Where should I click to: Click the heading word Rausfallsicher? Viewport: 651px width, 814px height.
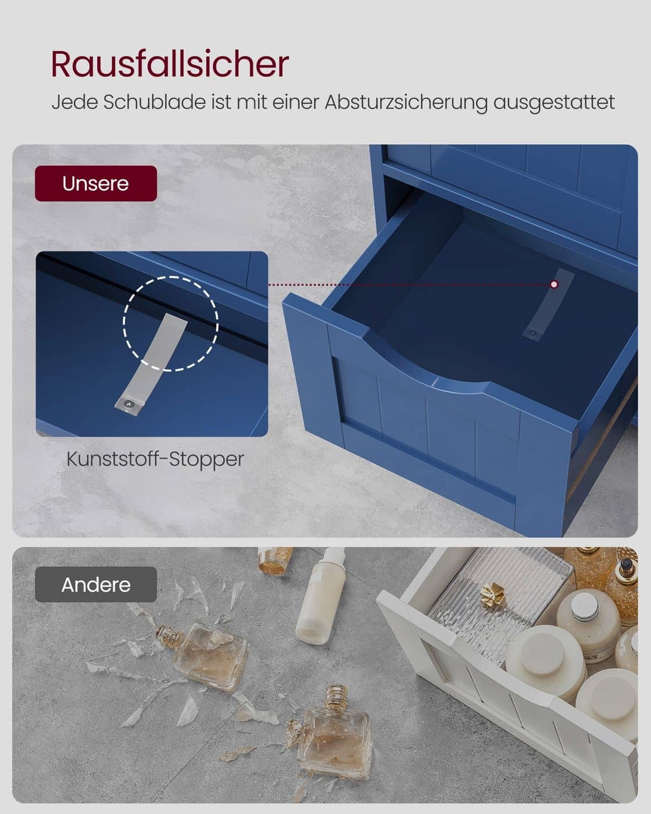pyautogui.click(x=170, y=64)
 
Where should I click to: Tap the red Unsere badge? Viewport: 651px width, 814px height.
pyautogui.click(x=96, y=184)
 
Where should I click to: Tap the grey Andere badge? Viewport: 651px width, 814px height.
pyautogui.click(x=96, y=584)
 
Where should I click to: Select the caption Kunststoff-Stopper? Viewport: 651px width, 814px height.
pyautogui.click(x=155, y=459)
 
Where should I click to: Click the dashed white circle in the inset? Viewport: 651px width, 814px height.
pyautogui.click(x=171, y=323)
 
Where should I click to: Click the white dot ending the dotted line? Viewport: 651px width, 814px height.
pyautogui.click(x=554, y=284)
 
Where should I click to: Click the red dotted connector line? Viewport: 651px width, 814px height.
pyautogui.click(x=407, y=285)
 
